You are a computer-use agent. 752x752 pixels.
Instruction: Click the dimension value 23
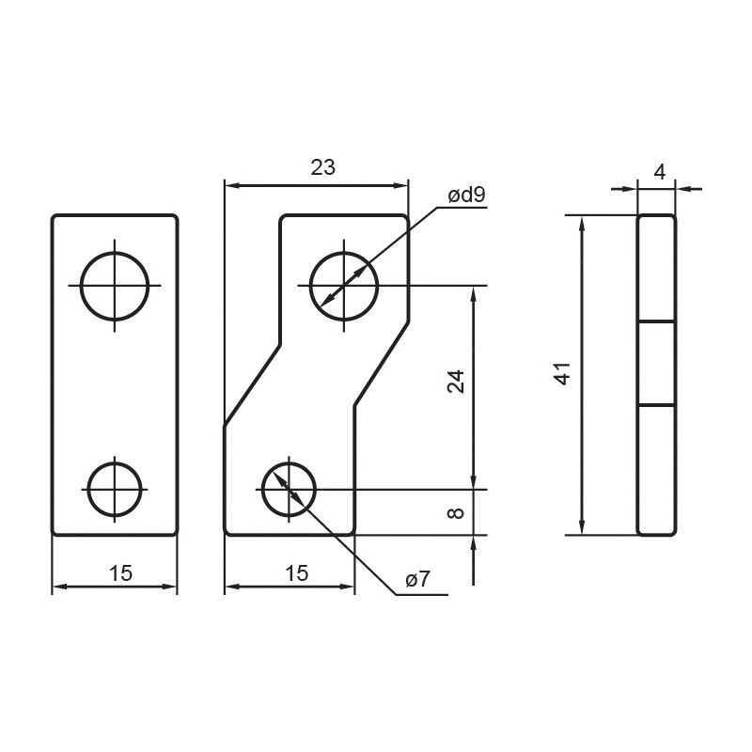322,167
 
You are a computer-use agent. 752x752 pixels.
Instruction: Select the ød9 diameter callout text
466,195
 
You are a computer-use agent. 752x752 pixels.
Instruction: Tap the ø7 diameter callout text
417,579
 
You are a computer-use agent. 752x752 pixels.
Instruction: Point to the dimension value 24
456,382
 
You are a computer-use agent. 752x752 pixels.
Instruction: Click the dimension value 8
456,512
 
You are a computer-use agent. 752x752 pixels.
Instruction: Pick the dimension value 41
563,373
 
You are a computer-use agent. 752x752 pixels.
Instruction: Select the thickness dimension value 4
660,173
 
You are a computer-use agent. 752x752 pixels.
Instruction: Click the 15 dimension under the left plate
121,573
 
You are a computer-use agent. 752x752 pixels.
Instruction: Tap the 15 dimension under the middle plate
297,573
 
